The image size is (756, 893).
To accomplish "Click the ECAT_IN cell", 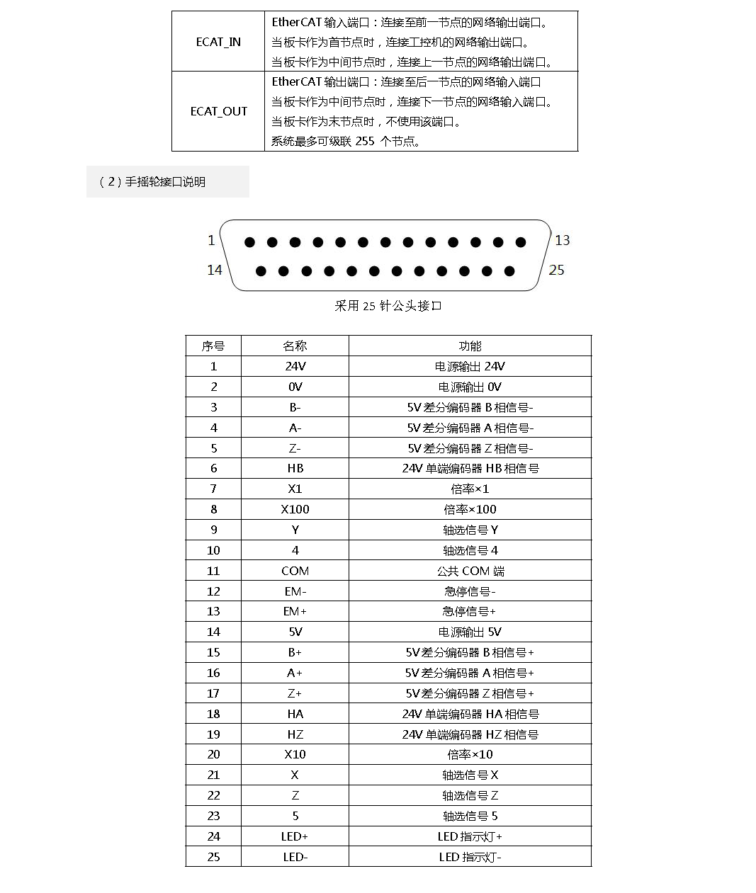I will pyautogui.click(x=218, y=42).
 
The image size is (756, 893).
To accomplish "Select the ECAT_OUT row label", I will pyautogui.click(x=218, y=111).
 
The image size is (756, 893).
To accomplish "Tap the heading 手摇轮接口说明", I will pyautogui.click(x=165, y=182).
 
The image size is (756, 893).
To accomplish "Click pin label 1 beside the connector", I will pyautogui.click(x=211, y=241).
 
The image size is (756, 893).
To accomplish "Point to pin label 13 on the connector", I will pyautogui.click(x=563, y=241).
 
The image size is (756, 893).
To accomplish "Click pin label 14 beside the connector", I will pyautogui.click(x=215, y=270).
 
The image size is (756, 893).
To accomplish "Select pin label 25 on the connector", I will pyautogui.click(x=557, y=270).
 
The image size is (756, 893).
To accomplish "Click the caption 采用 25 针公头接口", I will pyautogui.click(x=388, y=306).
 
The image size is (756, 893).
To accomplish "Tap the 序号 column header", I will pyautogui.click(x=213, y=346).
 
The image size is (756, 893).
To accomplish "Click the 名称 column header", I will pyautogui.click(x=295, y=346).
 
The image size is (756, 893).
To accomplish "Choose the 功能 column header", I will pyautogui.click(x=470, y=346).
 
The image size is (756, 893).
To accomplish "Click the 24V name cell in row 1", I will pyautogui.click(x=295, y=367).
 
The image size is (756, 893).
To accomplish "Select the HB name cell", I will pyautogui.click(x=295, y=469).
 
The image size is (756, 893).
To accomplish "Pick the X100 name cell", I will pyautogui.click(x=295, y=510).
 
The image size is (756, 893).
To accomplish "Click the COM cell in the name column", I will pyautogui.click(x=295, y=571).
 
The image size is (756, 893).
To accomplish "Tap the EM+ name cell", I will pyautogui.click(x=295, y=612).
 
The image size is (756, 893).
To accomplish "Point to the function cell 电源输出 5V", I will pyautogui.click(x=470, y=632).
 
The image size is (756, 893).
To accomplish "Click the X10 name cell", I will pyautogui.click(x=295, y=755).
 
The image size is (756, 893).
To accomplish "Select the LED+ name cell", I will pyautogui.click(x=295, y=837).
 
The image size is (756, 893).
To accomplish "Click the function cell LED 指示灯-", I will pyautogui.click(x=470, y=858).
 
